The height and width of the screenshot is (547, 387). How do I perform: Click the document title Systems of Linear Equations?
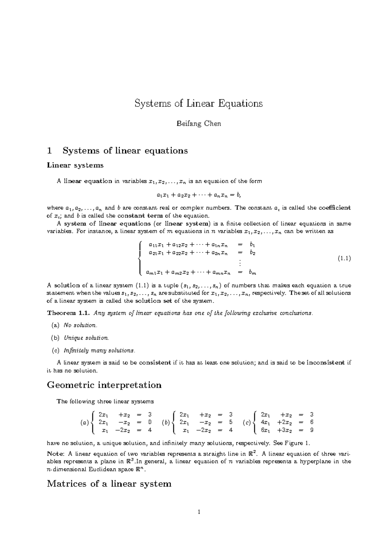(198, 104)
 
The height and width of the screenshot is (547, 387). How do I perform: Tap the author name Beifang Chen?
(199, 124)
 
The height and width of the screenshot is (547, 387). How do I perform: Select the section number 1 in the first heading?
(49, 151)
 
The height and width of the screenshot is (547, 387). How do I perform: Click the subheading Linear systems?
(75, 165)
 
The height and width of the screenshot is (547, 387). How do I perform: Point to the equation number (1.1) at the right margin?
(344, 258)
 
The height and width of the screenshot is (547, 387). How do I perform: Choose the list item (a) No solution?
(74, 325)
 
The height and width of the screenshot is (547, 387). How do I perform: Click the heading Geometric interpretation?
(104, 385)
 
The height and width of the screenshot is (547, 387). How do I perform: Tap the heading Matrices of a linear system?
(109, 484)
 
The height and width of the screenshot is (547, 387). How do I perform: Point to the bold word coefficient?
(334, 208)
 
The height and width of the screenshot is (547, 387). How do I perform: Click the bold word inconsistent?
(325, 363)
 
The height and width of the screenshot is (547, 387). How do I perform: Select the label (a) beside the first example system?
(84, 423)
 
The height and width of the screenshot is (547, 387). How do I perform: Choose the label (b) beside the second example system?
(166, 423)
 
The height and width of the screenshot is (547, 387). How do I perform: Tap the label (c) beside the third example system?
(247, 423)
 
